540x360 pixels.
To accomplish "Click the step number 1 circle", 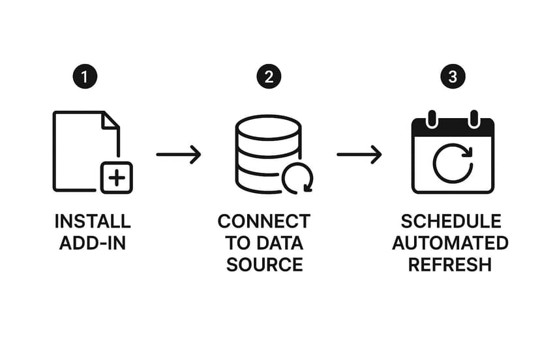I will [84, 77].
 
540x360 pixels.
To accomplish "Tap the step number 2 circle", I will [268, 77].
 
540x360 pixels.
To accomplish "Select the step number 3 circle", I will [453, 77].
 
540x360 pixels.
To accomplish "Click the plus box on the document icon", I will [116, 177].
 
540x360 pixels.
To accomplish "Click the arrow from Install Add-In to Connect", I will [179, 155].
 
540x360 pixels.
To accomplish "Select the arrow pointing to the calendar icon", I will [359, 155].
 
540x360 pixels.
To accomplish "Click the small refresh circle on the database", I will [297, 178].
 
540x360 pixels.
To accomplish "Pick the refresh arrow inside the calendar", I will [453, 164].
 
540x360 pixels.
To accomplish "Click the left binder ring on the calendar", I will [431, 119].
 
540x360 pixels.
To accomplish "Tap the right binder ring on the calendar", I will [474, 119].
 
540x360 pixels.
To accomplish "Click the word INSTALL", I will [93, 222].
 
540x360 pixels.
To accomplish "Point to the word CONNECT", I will [264, 222].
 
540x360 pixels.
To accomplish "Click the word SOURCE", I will [264, 265].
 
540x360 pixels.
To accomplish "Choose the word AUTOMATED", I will [451, 243].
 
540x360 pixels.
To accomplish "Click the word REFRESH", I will [450, 265].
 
